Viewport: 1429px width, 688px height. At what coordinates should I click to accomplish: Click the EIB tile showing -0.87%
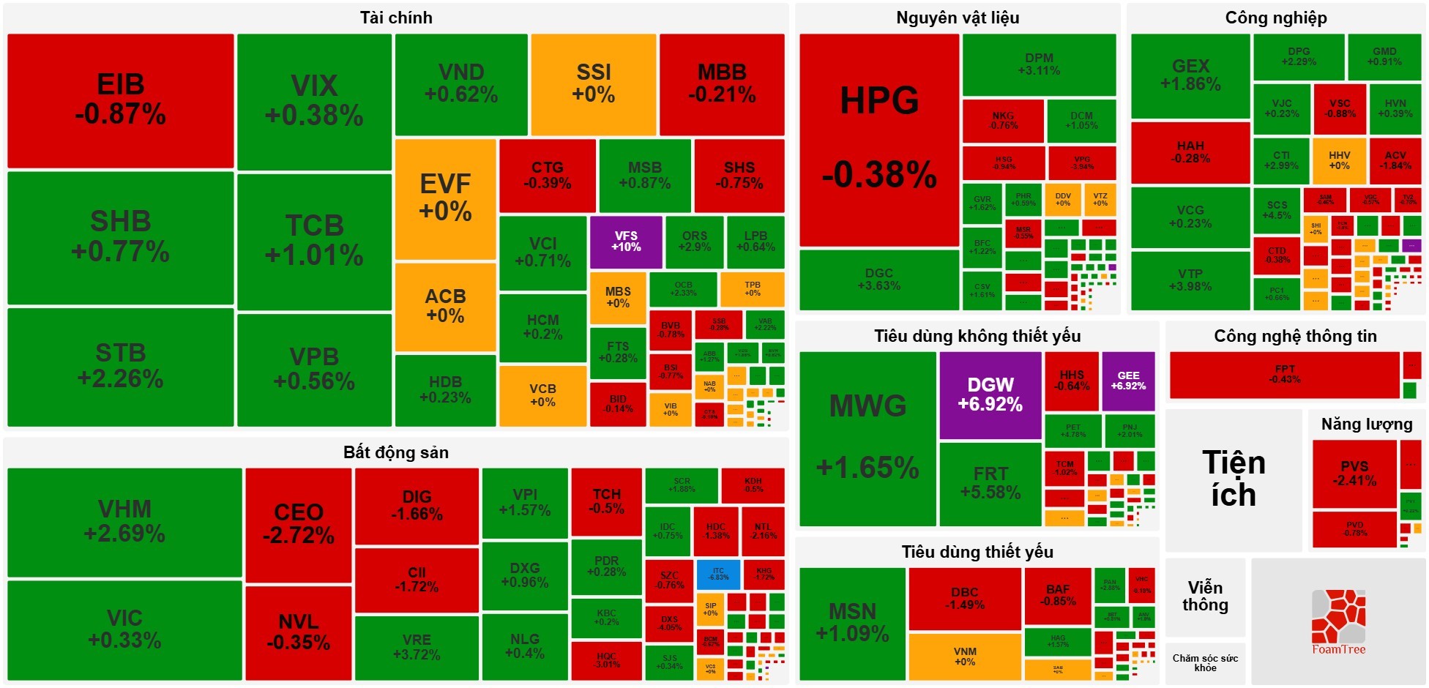pyautogui.click(x=121, y=100)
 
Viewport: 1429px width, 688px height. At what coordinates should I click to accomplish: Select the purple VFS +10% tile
pyautogui.click(x=626, y=242)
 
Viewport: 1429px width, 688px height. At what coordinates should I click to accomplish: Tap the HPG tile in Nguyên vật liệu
pyautogui.click(x=879, y=139)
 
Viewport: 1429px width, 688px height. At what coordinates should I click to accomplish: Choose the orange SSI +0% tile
pyautogui.click(x=594, y=84)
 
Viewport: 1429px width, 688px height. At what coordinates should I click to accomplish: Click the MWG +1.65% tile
pyautogui.click(x=868, y=438)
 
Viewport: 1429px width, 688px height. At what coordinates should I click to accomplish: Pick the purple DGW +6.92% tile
pyautogui.click(x=990, y=395)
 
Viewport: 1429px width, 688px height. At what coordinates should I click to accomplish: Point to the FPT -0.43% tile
pyautogui.click(x=1284, y=375)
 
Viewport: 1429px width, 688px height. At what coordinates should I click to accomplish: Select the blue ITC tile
pyautogui.click(x=718, y=575)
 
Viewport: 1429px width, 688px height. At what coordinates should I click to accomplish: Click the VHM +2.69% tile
pyautogui.click(x=124, y=522)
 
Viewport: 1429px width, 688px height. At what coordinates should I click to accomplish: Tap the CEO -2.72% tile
pyautogui.click(x=299, y=524)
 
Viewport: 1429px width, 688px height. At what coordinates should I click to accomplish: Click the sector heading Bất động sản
pyautogui.click(x=396, y=452)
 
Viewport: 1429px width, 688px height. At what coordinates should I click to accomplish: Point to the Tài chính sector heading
pyautogui.click(x=396, y=18)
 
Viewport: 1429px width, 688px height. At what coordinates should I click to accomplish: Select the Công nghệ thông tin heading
pyautogui.click(x=1295, y=336)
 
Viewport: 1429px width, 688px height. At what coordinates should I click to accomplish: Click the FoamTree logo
pyautogui.click(x=1338, y=623)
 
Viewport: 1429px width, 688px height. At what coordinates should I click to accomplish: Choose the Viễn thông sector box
pyautogui.click(x=1205, y=597)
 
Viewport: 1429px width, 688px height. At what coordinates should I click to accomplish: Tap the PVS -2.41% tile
pyautogui.click(x=1354, y=474)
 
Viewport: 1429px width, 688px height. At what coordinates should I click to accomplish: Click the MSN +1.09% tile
pyautogui.click(x=853, y=623)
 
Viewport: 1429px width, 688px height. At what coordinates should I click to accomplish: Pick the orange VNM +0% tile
pyautogui.click(x=965, y=657)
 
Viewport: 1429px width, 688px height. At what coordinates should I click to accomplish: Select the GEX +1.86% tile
pyautogui.click(x=1190, y=75)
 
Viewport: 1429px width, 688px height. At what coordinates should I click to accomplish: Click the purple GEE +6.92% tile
pyautogui.click(x=1128, y=381)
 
